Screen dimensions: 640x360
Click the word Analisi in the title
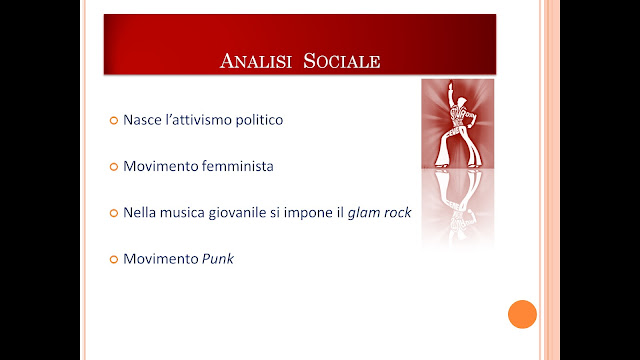tap(256, 61)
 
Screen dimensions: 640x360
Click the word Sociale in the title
tap(342, 61)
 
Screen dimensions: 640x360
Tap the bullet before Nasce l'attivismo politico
tap(114, 120)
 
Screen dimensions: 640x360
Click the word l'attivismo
tap(198, 120)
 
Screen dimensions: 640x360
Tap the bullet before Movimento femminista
tap(114, 167)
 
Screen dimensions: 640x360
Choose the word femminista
tap(238, 166)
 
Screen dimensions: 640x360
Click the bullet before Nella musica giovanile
tap(114, 213)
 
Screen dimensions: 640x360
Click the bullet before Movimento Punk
tap(114, 259)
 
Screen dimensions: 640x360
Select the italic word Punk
tap(218, 259)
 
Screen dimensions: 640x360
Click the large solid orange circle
tap(522, 314)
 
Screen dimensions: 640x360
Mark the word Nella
tap(139, 213)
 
